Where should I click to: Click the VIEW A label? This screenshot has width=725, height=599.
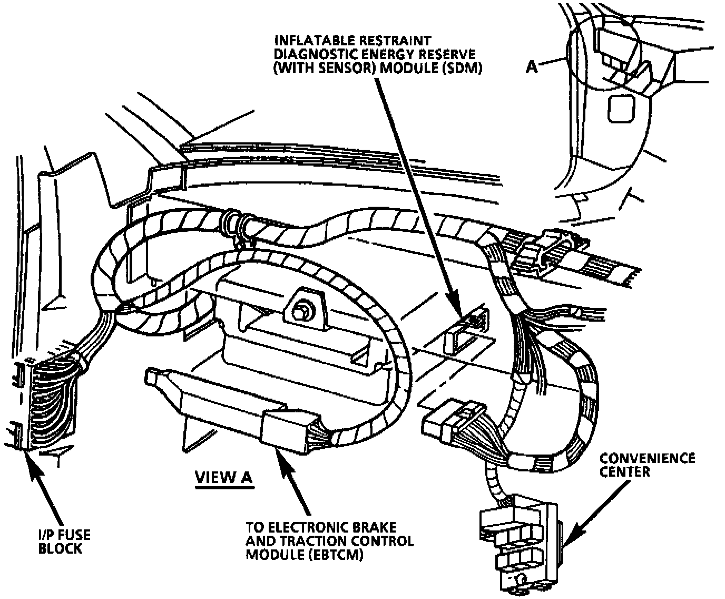pos(224,477)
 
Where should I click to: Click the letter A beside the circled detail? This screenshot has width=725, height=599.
pos(532,66)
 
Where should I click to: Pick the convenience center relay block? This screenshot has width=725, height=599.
pos(519,543)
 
